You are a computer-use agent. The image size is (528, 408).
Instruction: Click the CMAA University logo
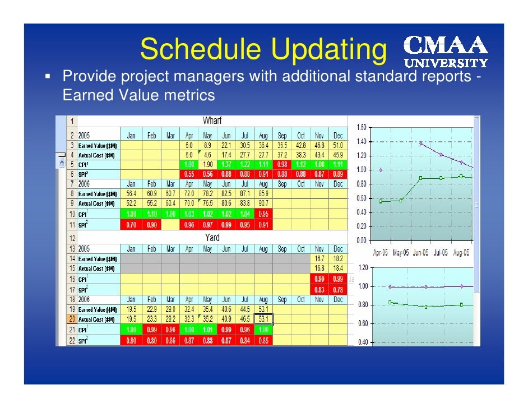coord(447,51)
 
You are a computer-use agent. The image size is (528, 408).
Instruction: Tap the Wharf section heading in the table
coord(212,121)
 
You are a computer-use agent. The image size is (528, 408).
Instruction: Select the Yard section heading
coord(212,238)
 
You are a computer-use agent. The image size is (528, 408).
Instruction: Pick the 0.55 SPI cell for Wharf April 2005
coord(189,174)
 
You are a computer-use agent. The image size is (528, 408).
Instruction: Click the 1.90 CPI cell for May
coord(207,164)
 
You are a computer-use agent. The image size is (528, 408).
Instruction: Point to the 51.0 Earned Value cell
coord(337,145)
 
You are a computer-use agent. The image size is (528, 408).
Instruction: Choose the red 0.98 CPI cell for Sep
coord(282,164)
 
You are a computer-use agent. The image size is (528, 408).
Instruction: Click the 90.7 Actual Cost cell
coord(263,203)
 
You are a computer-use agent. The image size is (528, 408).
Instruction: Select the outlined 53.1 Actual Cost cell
coord(263,319)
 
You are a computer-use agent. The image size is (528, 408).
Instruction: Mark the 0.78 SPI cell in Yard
coord(337,290)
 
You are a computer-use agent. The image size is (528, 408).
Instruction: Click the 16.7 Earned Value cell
coord(319,258)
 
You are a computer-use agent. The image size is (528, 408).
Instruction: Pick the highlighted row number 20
coord(72,319)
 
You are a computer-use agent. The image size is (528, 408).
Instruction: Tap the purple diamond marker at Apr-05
coord(381,170)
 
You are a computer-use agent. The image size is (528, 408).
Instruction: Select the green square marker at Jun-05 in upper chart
coord(420,178)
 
